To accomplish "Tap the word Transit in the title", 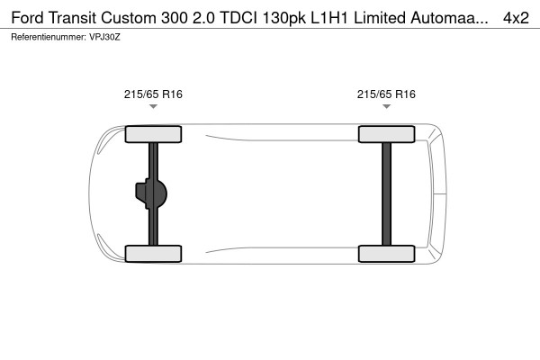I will [x=79, y=17].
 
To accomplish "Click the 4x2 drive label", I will [x=516, y=17].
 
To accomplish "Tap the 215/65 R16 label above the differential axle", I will [x=153, y=94].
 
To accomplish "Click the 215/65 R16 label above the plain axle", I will [x=386, y=94].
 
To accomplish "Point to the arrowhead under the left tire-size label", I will [x=153, y=107].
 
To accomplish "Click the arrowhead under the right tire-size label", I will [x=386, y=107].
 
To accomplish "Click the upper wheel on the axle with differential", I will [x=153, y=135].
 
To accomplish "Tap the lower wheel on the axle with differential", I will [x=153, y=253].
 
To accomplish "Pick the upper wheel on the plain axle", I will [x=386, y=135].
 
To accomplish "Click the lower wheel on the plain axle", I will [x=386, y=253].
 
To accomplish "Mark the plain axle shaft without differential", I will [x=386, y=193].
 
